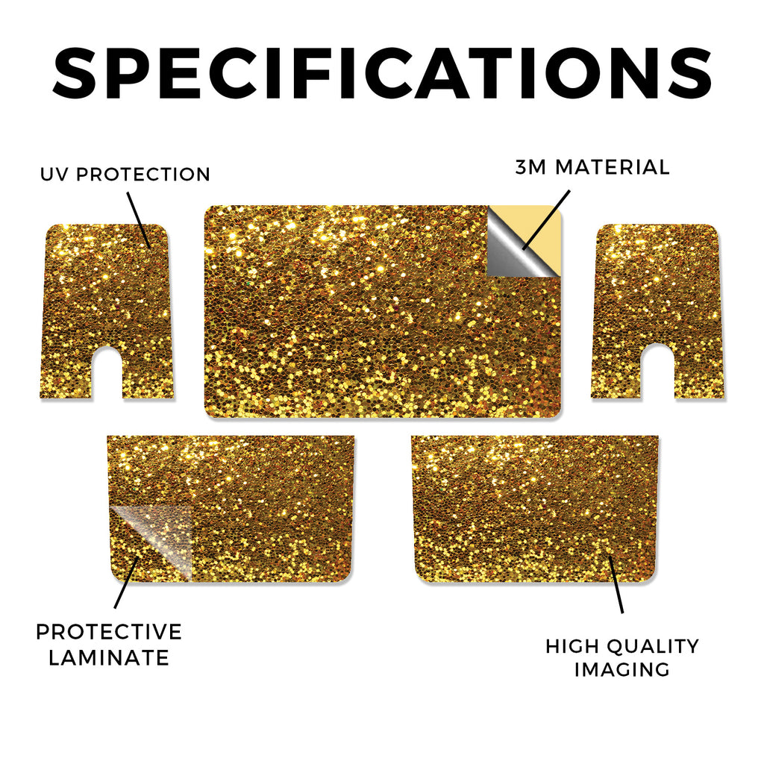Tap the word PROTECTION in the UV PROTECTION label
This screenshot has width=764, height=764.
pyautogui.click(x=143, y=175)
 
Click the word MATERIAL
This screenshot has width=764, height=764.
pyautogui.click(x=613, y=167)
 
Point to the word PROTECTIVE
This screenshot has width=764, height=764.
pyautogui.click(x=109, y=632)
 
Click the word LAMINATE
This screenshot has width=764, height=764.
pyautogui.click(x=109, y=658)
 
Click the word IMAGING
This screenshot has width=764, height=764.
pyautogui.click(x=622, y=669)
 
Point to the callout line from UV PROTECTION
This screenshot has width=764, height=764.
pyautogui.click(x=139, y=220)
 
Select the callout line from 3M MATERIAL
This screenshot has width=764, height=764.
pyautogui.click(x=545, y=220)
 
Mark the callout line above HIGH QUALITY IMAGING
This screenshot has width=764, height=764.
pyautogui.click(x=616, y=583)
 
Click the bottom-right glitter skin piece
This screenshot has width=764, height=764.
pyautogui.click(x=535, y=509)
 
